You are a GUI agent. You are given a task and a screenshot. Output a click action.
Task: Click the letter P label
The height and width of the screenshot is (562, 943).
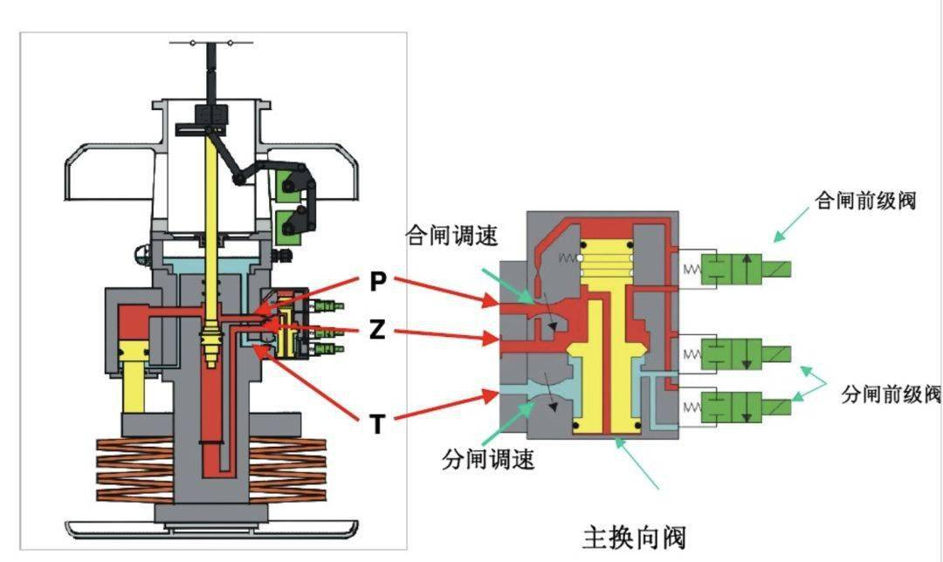[x=377, y=282]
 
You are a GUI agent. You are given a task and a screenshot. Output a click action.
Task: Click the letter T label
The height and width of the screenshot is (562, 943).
[x=377, y=424]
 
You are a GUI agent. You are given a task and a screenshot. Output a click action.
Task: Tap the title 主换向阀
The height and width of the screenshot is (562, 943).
[x=634, y=535]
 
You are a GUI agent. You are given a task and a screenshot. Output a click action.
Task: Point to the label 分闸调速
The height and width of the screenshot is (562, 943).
[x=488, y=458]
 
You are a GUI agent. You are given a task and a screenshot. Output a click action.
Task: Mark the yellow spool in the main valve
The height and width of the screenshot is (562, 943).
[x=605, y=358]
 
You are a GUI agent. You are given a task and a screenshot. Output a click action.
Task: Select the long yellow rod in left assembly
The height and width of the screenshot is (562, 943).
[x=212, y=236]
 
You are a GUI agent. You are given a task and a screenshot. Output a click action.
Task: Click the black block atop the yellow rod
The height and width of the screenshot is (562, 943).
[x=211, y=114]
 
